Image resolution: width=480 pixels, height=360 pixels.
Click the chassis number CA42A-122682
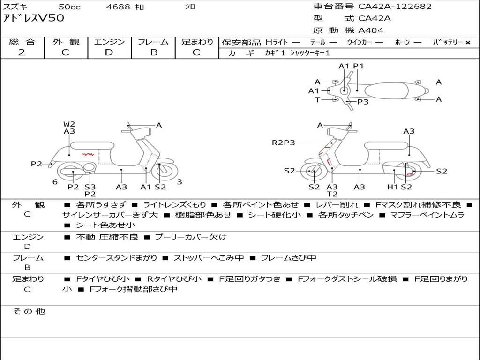click(x=395, y=7)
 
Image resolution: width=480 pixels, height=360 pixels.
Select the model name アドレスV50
click(x=33, y=18)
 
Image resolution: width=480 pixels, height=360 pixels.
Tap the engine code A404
click(x=371, y=30)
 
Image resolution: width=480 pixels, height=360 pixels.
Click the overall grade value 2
click(x=22, y=52)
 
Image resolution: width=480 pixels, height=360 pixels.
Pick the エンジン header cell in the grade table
click(x=109, y=42)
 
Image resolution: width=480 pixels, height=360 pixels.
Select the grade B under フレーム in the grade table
click(x=154, y=52)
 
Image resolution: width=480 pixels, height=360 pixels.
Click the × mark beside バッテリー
click(x=468, y=43)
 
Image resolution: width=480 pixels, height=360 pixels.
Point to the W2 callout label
click(x=69, y=124)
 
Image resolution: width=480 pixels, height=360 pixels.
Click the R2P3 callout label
click(x=284, y=142)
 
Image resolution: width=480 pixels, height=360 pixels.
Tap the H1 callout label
click(x=392, y=187)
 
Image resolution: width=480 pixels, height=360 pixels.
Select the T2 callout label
click(x=332, y=194)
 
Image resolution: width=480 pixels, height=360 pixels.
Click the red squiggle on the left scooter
click(x=88, y=154)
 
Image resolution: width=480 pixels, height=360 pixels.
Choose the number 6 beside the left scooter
click(x=55, y=182)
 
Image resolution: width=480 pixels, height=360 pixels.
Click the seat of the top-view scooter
click(x=386, y=91)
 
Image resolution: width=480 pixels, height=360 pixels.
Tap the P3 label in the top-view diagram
click(x=363, y=102)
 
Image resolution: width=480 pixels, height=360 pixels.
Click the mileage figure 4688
click(x=118, y=7)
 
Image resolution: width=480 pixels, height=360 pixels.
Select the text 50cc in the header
click(x=69, y=7)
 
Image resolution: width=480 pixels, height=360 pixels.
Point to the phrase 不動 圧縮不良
click(x=107, y=237)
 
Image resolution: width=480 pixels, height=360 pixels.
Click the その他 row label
click(x=29, y=311)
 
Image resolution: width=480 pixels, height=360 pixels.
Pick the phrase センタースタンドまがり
click(x=117, y=258)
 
